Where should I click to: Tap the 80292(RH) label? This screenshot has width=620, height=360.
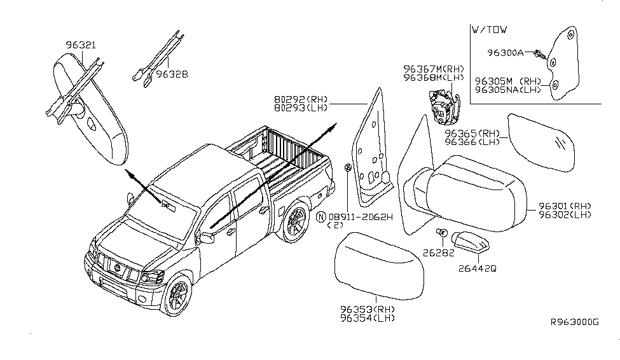coord(301,99)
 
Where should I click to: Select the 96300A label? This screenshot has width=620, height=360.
coord(506,53)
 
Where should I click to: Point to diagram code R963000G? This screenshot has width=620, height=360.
coord(574,322)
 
